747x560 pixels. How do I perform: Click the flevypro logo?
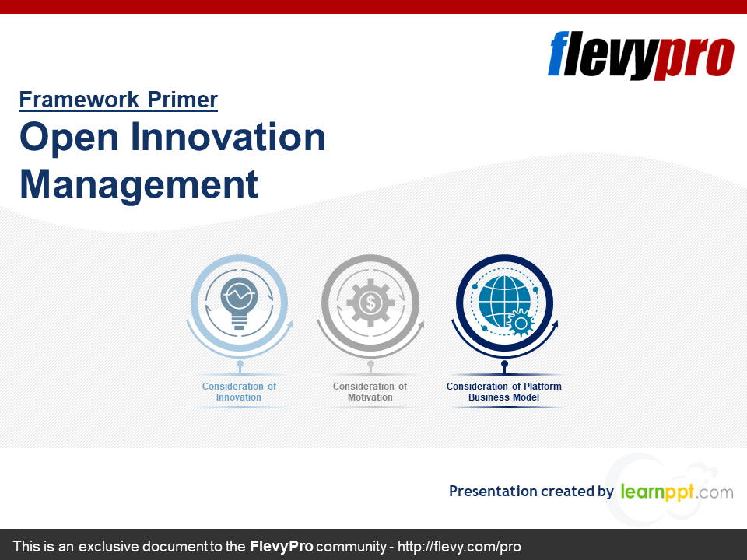(640, 55)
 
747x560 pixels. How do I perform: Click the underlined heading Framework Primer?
(118, 100)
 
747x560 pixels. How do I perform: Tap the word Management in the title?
(139, 184)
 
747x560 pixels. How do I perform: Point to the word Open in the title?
(69, 138)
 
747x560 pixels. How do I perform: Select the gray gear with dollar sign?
(370, 303)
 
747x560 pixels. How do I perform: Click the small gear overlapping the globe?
(521, 324)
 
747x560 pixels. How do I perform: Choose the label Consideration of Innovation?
(239, 391)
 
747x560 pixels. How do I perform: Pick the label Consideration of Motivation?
(370, 391)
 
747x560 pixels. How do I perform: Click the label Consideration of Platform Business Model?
(504, 391)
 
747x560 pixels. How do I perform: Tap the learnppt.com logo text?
(677, 491)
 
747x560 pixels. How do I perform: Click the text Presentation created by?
(531, 491)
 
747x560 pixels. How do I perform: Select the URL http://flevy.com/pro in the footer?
(459, 546)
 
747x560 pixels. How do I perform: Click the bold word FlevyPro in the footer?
(281, 546)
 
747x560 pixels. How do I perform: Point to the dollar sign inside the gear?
(370, 303)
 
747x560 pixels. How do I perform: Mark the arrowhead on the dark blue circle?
(555, 325)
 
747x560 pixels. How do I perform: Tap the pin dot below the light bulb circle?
(240, 364)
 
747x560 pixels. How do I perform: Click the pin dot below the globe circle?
(504, 364)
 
